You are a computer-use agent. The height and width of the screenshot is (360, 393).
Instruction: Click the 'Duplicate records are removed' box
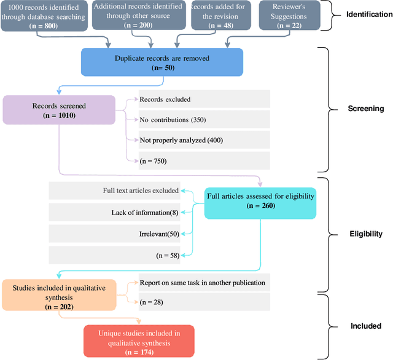point(162,63)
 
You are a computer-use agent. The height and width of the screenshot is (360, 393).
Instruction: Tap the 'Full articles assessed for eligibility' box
point(261,201)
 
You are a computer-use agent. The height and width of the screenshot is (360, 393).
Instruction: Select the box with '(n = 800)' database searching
point(42,14)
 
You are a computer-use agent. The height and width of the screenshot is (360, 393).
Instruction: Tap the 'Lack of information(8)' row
point(114,212)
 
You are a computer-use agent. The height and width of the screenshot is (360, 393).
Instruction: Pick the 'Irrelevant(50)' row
point(114,234)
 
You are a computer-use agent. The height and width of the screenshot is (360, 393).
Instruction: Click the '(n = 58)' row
point(114,255)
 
